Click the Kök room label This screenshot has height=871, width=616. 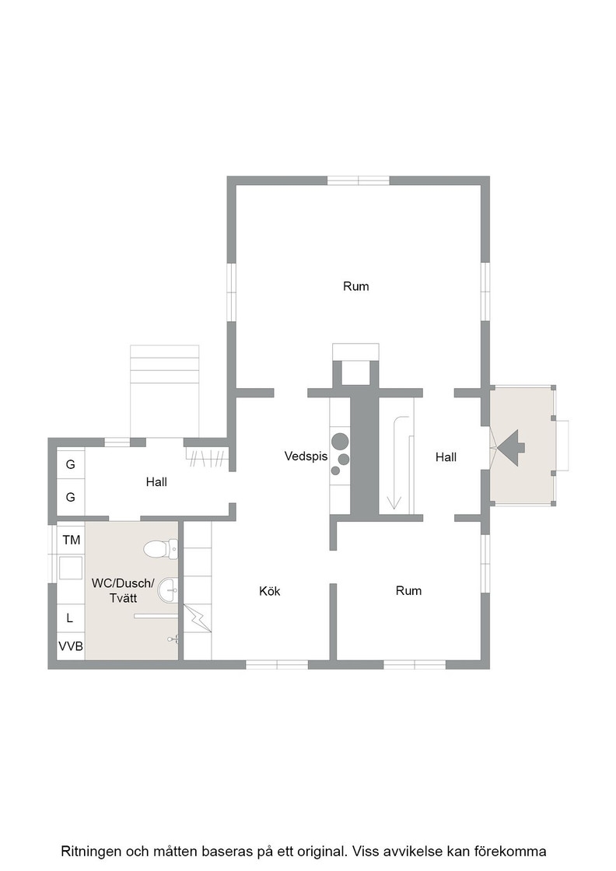(269, 591)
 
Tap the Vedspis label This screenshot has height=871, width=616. (306, 456)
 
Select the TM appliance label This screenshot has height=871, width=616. (71, 540)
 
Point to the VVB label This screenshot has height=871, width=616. (71, 646)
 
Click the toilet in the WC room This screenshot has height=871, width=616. (160, 549)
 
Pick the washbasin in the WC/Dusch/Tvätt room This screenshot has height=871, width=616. (168, 589)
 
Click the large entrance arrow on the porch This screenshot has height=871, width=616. (511, 448)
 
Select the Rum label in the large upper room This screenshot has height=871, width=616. (356, 286)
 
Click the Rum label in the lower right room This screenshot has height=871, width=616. (409, 590)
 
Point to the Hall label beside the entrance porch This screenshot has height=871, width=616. (446, 456)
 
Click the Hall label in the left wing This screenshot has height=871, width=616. (156, 481)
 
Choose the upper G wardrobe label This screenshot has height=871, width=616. (71, 463)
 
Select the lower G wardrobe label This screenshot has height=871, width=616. (71, 497)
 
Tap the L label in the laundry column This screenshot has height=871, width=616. (69, 617)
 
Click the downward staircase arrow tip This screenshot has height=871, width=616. (394, 509)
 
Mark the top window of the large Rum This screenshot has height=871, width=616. (359, 180)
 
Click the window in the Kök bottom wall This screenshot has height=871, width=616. (277, 664)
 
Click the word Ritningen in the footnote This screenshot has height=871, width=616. (91, 851)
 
